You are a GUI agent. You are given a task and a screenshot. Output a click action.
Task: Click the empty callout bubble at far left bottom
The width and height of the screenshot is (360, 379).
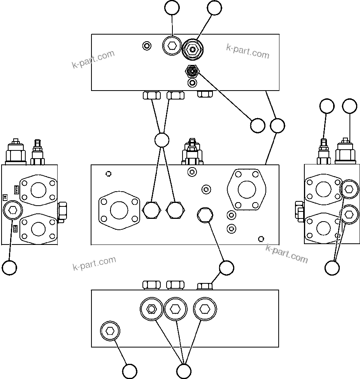coord(9,267)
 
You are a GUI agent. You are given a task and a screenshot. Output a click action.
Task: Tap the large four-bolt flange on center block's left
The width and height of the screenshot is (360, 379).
coord(119,210)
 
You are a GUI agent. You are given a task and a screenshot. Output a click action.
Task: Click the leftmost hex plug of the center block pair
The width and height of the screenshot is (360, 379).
coord(151,210)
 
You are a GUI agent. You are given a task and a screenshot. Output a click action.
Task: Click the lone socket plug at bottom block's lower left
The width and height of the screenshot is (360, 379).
coord(110,331)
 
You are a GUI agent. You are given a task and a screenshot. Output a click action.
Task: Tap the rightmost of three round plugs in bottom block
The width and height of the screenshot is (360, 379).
coord(204,309)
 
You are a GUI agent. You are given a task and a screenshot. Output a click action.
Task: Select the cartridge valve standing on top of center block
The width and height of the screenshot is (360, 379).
coord(192,153)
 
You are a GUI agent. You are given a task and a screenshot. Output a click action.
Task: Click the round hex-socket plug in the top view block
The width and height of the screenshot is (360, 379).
coord(172,47)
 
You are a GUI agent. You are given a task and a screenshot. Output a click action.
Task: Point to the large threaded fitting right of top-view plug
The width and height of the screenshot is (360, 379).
coord(193,49)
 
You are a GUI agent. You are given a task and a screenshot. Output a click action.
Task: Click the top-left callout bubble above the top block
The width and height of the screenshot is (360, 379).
coord(172,8)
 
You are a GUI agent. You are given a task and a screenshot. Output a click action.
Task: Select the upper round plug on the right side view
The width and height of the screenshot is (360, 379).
coord(349,189)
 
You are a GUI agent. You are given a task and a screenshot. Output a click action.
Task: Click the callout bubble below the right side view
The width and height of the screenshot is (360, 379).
coord(332,267)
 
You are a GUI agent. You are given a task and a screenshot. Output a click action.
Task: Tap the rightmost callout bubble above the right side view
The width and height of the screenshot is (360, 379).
coord(349,107)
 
